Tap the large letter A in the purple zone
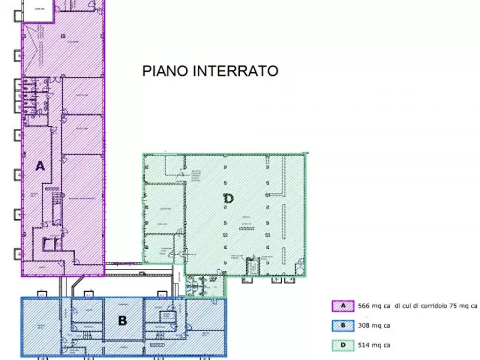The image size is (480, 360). [40, 166]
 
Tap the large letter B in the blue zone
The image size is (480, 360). [123, 321]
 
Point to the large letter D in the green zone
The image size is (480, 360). [228, 198]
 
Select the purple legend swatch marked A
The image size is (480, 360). [342, 306]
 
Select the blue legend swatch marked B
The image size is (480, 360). [342, 325]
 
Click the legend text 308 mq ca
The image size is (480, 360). [374, 325]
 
